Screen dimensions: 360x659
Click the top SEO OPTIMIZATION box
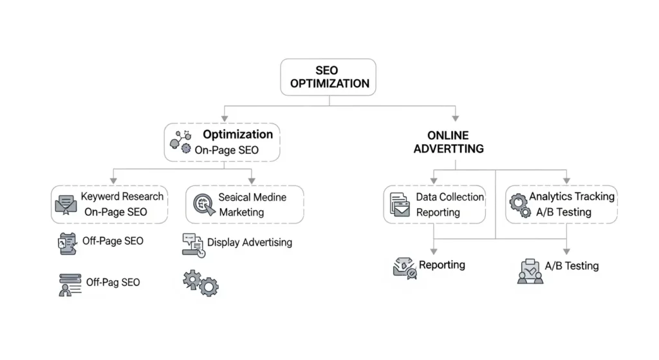click(329, 77)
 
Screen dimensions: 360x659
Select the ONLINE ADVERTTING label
click(456, 142)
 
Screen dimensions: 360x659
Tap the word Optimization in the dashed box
click(238, 135)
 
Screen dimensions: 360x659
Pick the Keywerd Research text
click(122, 196)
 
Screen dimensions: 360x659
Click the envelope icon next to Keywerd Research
click(66, 205)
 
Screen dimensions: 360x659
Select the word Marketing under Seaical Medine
click(241, 213)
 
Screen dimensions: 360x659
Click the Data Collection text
click(450, 197)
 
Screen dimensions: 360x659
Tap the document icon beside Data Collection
click(400, 205)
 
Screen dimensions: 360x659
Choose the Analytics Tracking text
click(571, 196)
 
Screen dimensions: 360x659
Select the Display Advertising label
click(250, 243)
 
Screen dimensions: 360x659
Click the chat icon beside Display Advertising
click(193, 245)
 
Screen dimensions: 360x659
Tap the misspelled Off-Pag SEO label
click(113, 282)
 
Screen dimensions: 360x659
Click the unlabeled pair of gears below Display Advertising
click(201, 283)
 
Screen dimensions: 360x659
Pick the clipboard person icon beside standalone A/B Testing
click(530, 271)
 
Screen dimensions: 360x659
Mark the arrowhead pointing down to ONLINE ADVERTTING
click(456, 117)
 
